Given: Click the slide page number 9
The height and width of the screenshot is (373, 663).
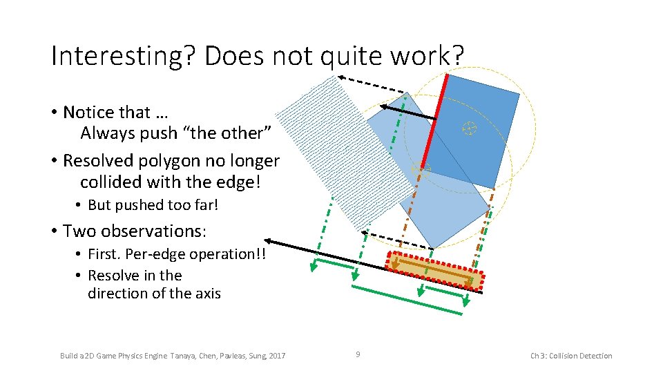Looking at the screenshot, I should (358, 354).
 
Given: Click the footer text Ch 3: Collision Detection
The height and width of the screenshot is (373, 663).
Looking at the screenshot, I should (571, 356).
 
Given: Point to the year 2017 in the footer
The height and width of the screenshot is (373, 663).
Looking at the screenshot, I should (276, 356).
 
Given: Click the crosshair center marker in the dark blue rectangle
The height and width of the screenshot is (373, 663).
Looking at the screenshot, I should (469, 128).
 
